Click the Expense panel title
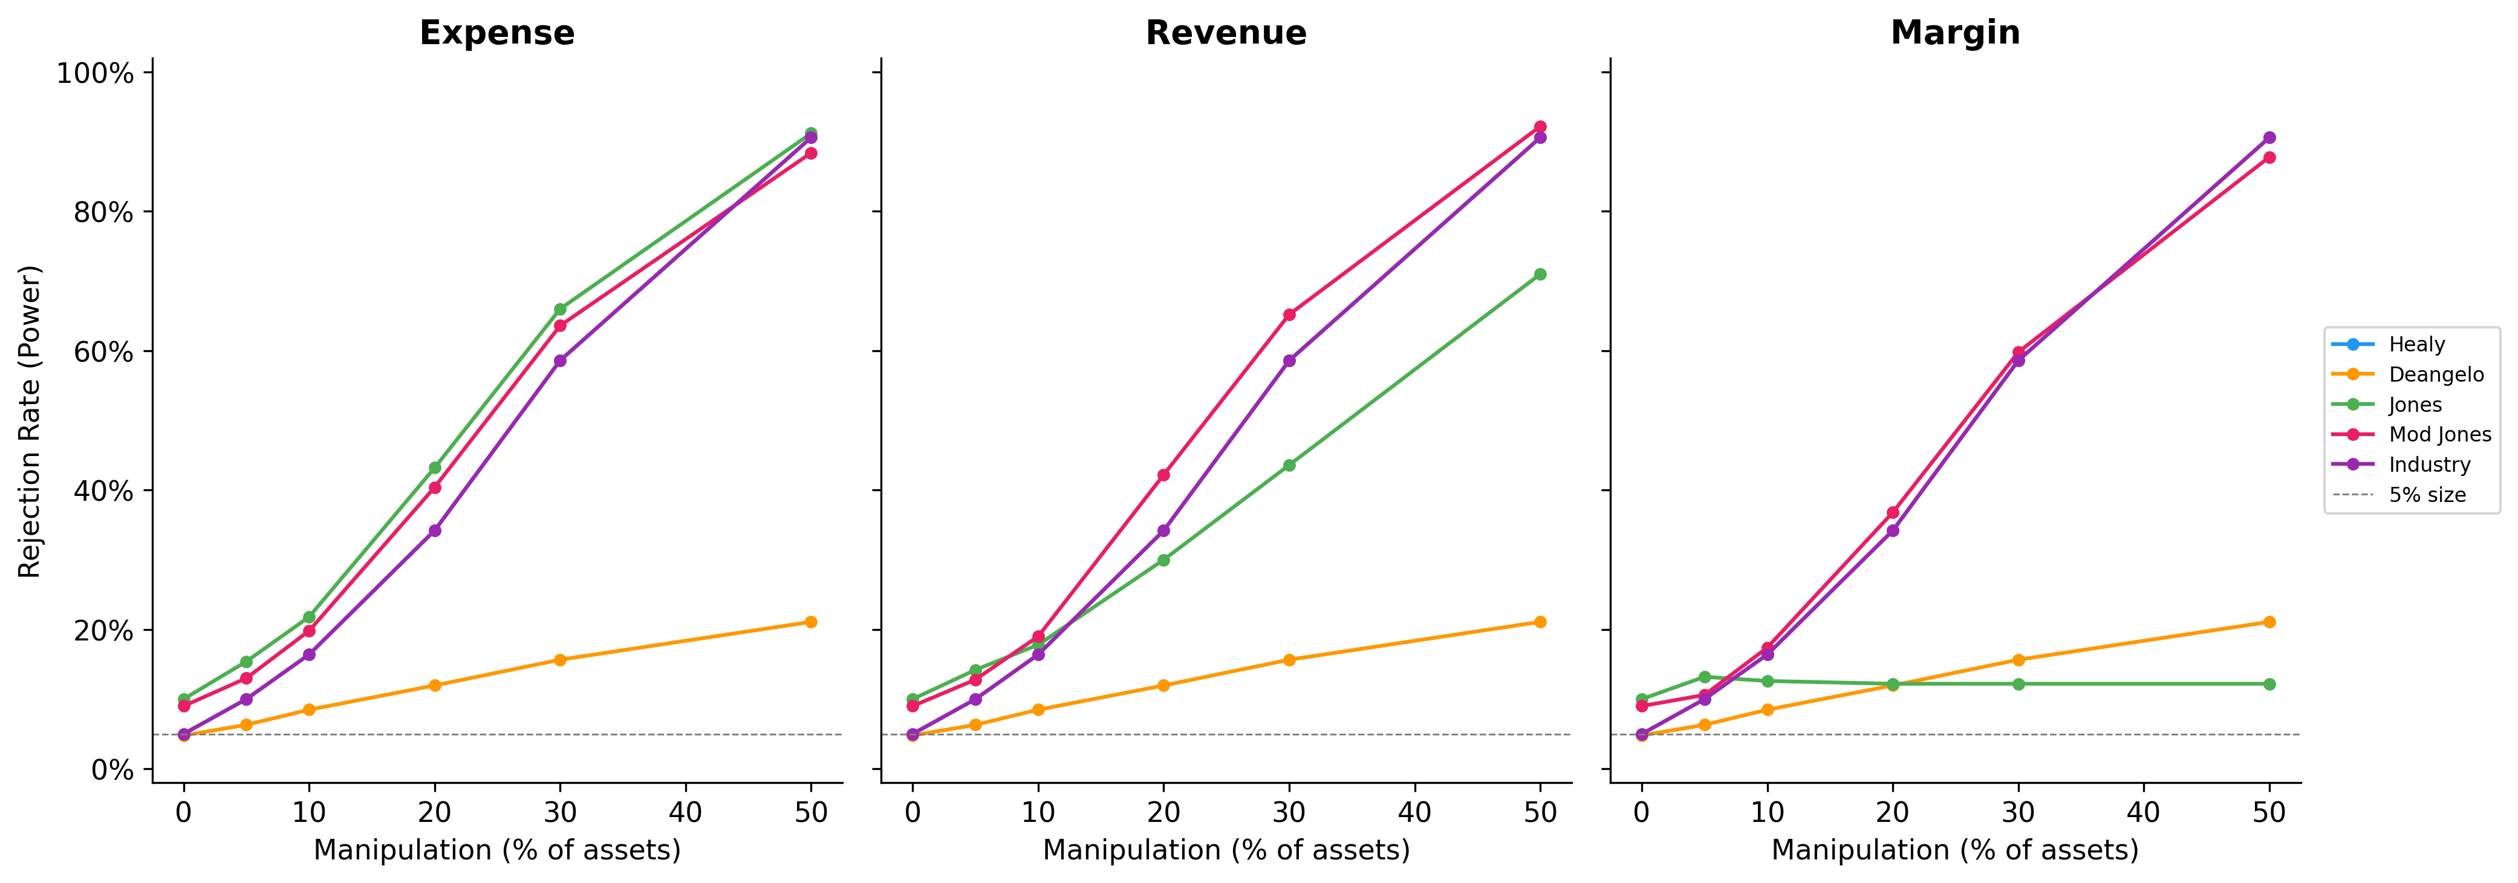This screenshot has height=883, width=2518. point(496,33)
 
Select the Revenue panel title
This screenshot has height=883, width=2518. point(1226,33)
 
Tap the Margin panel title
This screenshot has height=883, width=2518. point(1955,33)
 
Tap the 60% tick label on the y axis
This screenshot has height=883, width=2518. point(103,352)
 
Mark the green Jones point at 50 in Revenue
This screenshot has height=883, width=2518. point(1540,275)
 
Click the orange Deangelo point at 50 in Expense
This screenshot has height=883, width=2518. point(810,622)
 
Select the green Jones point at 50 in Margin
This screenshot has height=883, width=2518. point(2269,685)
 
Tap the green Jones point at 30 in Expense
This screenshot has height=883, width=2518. point(560,309)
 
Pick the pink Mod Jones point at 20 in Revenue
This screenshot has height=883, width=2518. point(1163,475)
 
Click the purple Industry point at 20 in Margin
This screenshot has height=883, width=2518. point(1892,531)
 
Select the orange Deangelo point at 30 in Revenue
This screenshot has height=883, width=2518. point(1289,660)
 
